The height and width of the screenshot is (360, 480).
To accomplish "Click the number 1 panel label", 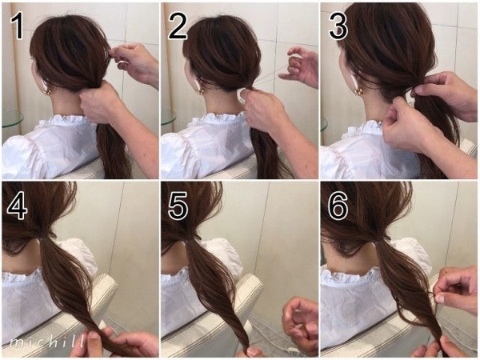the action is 18,26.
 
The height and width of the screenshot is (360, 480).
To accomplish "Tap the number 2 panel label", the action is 178,26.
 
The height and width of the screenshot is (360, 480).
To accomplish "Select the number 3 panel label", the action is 338,26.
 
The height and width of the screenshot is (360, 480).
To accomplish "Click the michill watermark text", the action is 47,341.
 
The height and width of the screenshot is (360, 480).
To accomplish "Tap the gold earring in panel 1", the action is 47,91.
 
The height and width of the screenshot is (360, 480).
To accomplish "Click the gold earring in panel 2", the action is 201,91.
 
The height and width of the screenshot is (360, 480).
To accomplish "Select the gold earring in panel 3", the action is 359,90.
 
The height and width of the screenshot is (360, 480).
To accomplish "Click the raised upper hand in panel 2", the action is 298,66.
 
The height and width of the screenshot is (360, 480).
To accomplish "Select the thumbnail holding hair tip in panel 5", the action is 252,351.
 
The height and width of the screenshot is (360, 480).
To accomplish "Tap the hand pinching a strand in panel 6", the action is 456,286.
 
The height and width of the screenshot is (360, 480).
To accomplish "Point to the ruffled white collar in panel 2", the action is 221,120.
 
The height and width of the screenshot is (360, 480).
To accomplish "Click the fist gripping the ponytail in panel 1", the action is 98,102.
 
